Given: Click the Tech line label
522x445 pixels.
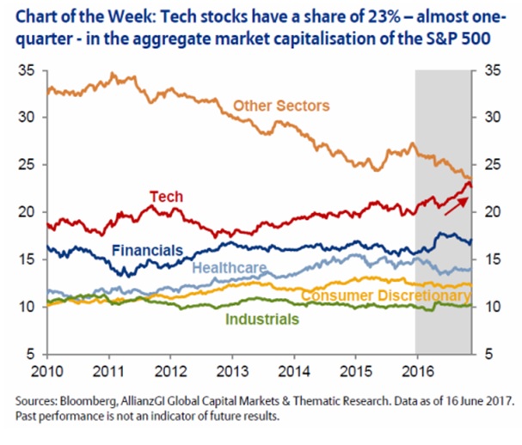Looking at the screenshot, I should (167, 197).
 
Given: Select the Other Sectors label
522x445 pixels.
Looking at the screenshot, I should (282, 106).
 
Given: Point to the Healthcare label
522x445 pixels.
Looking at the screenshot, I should (228, 267).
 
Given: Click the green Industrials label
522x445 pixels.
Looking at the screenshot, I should (261, 319).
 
